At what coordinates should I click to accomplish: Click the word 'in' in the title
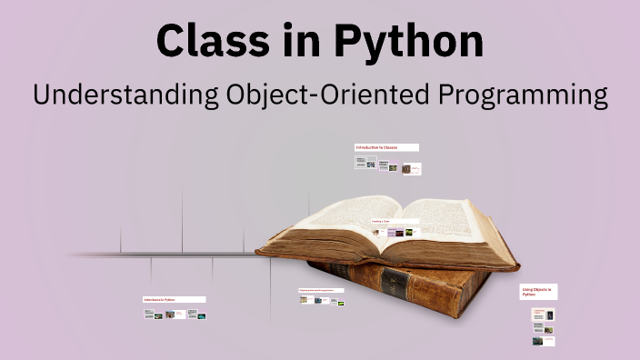301,41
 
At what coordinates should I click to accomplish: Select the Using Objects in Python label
538,292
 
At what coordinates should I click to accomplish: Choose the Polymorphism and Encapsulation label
322,290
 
